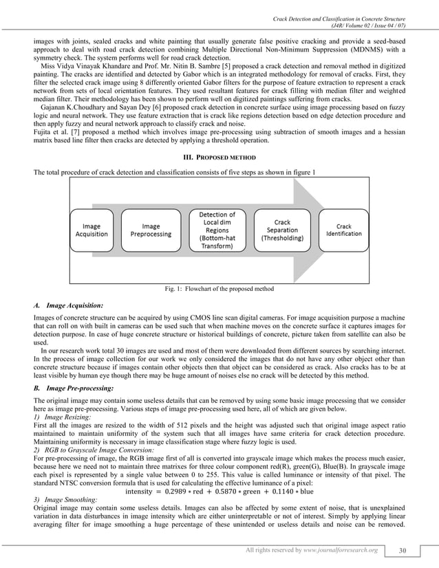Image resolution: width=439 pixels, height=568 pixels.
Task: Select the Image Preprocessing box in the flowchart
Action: (x=151, y=230)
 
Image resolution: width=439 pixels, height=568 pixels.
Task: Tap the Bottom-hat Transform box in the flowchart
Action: (x=217, y=234)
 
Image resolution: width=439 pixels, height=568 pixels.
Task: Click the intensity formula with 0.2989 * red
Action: (x=219, y=491)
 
